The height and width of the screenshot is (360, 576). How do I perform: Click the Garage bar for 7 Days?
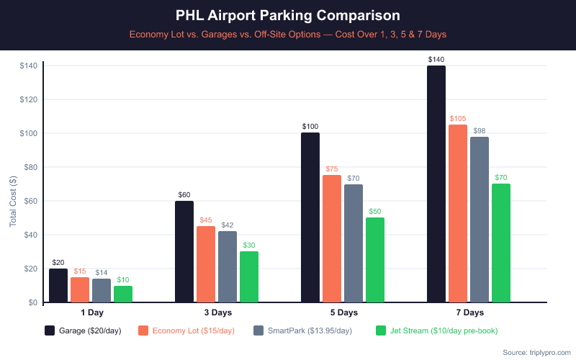coord(436,184)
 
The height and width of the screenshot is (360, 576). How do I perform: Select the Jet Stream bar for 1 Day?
coord(123,294)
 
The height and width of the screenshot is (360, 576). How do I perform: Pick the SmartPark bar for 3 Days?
coord(228,266)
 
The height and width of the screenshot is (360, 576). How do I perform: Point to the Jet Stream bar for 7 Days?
coord(501,243)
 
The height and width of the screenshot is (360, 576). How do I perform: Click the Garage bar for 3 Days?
coord(184,251)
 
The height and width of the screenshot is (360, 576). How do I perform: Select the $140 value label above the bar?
coord(436,60)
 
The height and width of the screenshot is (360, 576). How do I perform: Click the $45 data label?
coord(206,220)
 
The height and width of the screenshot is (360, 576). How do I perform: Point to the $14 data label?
coord(102,273)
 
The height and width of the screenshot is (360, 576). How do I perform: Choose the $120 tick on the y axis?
coord(29,99)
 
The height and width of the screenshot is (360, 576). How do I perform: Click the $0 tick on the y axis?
coord(32,302)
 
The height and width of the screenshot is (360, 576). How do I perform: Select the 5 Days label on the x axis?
coord(343,312)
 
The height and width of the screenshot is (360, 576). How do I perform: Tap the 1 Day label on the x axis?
coord(91,312)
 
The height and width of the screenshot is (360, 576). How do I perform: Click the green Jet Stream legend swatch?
coord(382,330)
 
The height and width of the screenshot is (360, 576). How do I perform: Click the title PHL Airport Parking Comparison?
coord(288,15)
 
